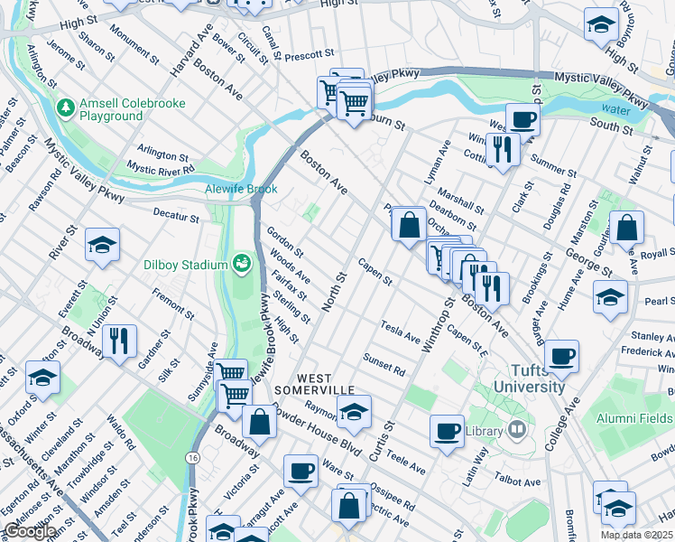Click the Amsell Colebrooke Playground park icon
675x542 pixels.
(65, 109)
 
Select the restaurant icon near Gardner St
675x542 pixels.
(119, 341)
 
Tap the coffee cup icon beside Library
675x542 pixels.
(447, 431)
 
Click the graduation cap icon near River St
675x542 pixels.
(103, 245)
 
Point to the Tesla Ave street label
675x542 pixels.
(401, 332)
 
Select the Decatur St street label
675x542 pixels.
(175, 217)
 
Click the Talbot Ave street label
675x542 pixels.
(517, 482)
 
